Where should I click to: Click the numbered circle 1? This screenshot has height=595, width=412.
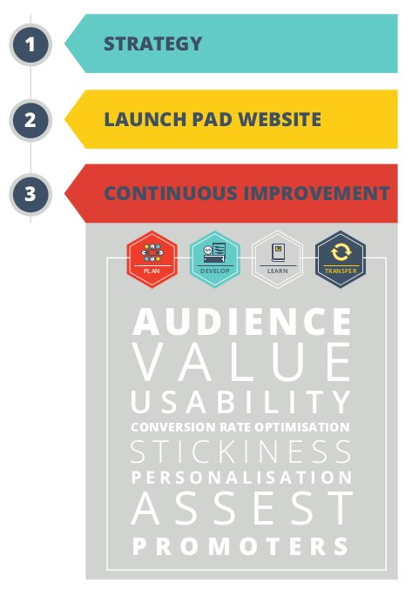pos(30,44)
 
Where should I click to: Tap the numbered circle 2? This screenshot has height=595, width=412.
pos(30,120)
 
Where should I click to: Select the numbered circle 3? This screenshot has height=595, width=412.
pos(30,194)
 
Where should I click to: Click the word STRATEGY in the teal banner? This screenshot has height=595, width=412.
pos(152,43)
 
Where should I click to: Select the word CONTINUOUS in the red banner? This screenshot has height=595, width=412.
pos(171,193)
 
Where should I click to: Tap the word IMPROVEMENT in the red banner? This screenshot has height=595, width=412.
pos(316,193)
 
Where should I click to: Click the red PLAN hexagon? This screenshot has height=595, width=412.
pos(152,259)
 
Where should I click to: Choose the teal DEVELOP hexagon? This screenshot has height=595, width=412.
pos(215,259)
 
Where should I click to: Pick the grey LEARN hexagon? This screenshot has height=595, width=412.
pos(278,259)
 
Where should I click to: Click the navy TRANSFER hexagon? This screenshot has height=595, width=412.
pos(341,259)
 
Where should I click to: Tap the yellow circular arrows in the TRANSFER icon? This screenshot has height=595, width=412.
pos(341,252)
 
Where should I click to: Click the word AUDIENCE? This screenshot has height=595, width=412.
pos(242,322)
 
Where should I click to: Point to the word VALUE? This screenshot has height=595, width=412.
pos(242,362)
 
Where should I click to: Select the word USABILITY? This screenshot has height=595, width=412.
pos(241,402)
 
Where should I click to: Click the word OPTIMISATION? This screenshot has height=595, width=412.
pos(302,427)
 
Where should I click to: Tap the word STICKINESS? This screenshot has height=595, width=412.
pos(241,451)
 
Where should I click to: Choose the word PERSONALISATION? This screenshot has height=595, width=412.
pos(242,478)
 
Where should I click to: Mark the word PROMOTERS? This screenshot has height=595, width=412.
pos(240,546)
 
